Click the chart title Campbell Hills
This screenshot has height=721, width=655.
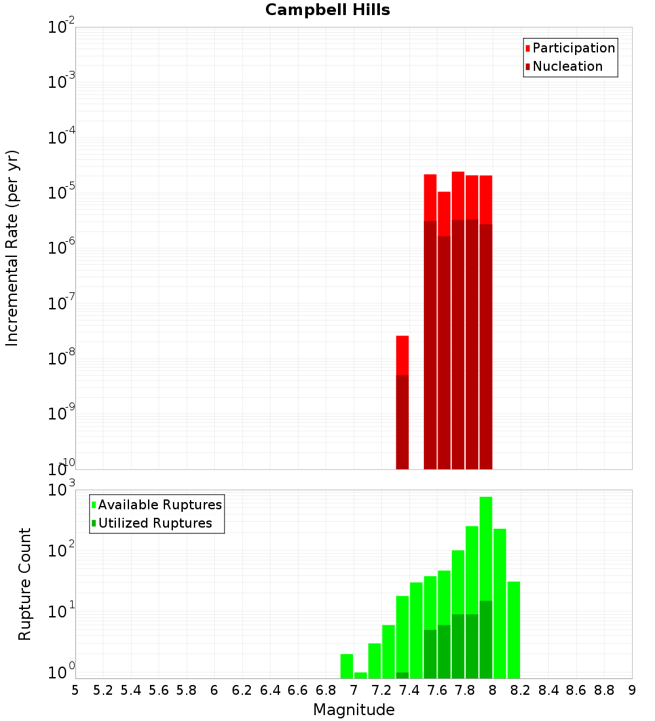tap(327, 10)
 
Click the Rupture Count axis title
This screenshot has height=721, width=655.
tap(25, 583)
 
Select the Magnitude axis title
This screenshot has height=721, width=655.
tap(354, 710)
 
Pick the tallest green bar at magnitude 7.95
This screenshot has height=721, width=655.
tap(486, 557)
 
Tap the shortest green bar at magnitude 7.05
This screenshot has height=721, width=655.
tap(360, 675)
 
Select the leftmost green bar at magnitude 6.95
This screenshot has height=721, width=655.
tap(346, 666)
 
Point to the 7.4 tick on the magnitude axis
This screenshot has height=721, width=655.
tap(409, 690)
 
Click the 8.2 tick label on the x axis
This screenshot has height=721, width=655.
tap(521, 690)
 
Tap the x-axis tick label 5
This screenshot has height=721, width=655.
tap(75, 690)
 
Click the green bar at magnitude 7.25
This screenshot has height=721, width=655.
tap(388, 652)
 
